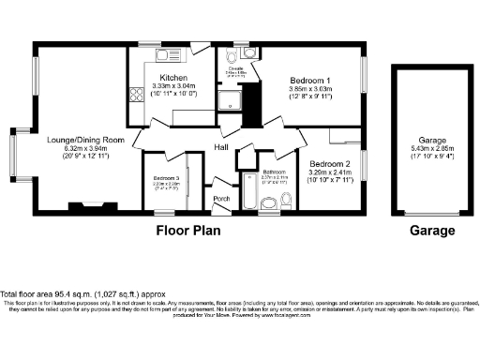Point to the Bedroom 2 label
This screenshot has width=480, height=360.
329,163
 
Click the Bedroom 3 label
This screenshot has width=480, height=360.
166,177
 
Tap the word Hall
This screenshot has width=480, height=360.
222,148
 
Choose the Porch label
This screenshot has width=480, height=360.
222,199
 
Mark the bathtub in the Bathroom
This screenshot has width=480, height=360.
247,193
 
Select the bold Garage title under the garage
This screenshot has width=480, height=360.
432,230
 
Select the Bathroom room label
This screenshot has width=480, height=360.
274,172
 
